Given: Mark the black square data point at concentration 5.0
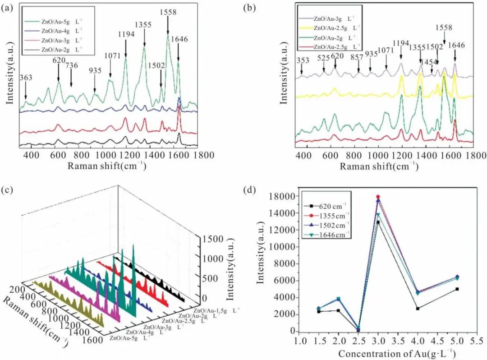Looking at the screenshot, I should tap(457, 289).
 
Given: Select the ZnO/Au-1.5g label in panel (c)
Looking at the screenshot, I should tap(216, 311).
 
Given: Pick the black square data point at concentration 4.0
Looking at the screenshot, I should tap(418, 309).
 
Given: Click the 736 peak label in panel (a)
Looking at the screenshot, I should tap(72, 65).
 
